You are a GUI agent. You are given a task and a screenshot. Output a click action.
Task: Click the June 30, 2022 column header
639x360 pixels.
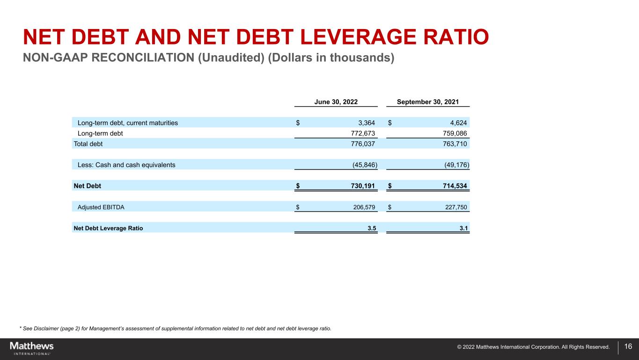(336, 102)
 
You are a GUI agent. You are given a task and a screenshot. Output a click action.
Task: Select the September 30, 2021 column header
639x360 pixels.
(427, 102)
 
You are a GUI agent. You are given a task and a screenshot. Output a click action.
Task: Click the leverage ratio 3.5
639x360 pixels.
(372, 228)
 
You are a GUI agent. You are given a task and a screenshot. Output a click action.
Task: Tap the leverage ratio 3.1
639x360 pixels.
(464, 228)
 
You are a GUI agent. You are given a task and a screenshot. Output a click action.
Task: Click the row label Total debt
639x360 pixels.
(88, 144)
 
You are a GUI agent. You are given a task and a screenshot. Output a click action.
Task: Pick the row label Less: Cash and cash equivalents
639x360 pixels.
(126, 165)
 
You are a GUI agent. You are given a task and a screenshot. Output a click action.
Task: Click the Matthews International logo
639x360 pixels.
(32, 348)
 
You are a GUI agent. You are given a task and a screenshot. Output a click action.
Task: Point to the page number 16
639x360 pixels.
(628, 347)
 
